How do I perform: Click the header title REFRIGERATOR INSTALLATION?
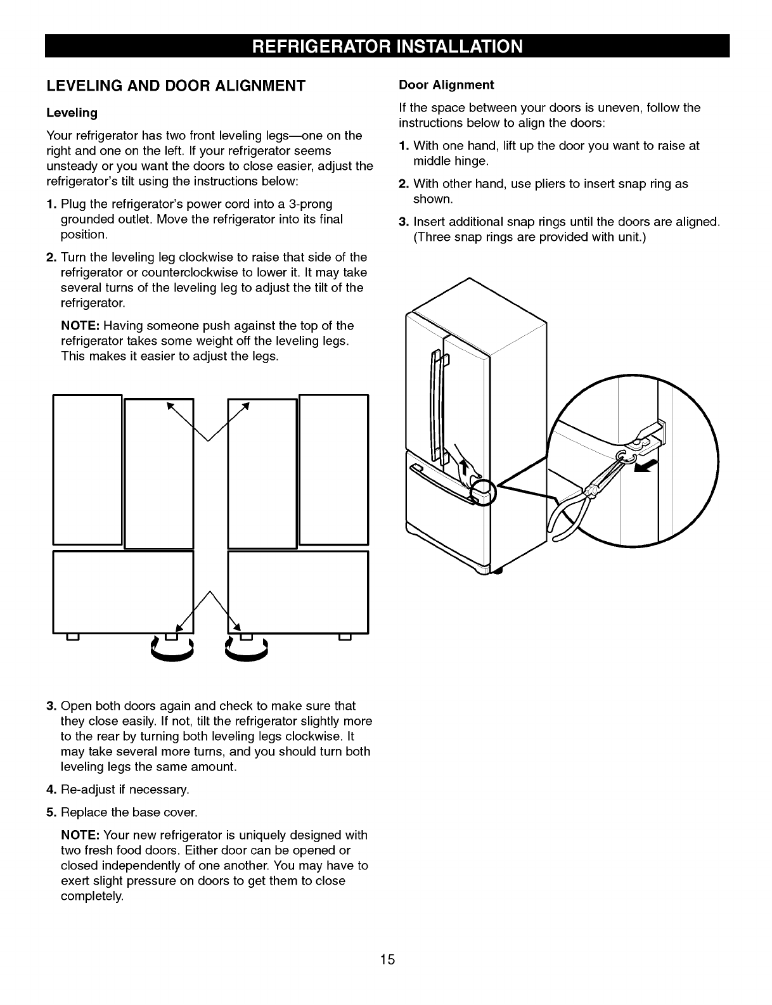[387, 47]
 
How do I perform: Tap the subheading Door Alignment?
[446, 85]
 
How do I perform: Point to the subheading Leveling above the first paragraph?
[72, 113]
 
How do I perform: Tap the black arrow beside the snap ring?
[646, 468]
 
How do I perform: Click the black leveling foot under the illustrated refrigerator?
[496, 572]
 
